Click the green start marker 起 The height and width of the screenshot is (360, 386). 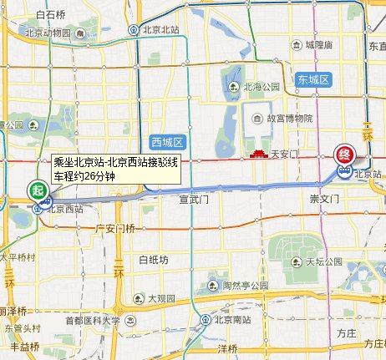38,190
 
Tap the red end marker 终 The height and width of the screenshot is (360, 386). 344,155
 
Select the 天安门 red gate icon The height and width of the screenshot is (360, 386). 258,154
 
